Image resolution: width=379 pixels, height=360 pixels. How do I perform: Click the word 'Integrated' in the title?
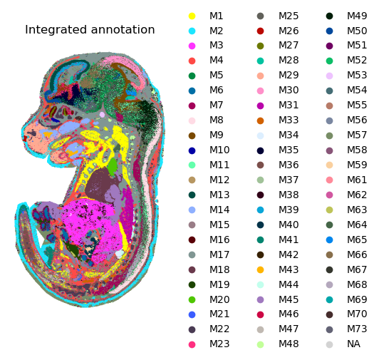(x=56, y=30)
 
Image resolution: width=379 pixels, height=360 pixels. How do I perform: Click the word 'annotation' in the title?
(x=123, y=29)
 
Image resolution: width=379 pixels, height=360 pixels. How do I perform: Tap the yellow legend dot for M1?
(x=192, y=16)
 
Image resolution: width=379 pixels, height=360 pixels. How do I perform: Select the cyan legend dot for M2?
(x=192, y=31)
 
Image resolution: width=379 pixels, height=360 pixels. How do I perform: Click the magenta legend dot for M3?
(x=192, y=46)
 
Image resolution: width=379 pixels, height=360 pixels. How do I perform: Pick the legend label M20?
(x=219, y=299)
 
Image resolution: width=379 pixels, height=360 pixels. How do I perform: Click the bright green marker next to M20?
(x=192, y=299)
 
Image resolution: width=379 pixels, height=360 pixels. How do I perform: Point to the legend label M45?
(x=289, y=299)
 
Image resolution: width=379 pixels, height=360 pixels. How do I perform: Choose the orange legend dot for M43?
(x=260, y=269)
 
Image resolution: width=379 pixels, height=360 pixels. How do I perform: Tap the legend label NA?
(x=353, y=344)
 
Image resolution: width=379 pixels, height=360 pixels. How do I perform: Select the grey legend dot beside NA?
(x=329, y=344)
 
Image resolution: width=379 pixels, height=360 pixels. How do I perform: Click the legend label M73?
(x=357, y=329)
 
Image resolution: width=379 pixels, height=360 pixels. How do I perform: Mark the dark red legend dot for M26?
(x=260, y=31)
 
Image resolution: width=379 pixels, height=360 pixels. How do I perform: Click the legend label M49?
(x=357, y=16)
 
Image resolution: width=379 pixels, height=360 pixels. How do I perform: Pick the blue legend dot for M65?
(x=329, y=240)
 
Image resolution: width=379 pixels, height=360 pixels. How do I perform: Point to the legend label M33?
(x=289, y=120)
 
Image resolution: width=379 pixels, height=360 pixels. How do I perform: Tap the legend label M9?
(x=217, y=135)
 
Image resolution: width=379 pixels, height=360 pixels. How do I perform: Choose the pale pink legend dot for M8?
(x=192, y=120)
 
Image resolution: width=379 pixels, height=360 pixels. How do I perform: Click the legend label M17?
(x=219, y=254)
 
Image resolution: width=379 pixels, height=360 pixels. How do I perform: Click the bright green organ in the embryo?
(x=112, y=166)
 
